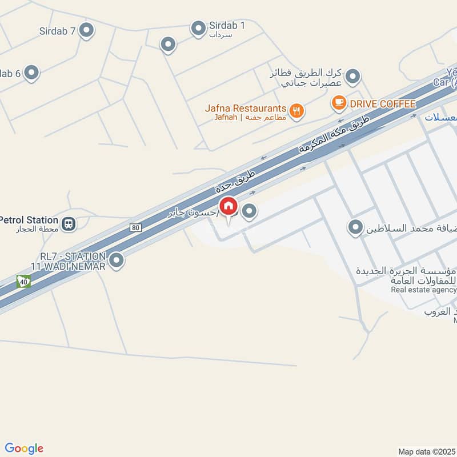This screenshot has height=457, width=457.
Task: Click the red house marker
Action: pos(228,206)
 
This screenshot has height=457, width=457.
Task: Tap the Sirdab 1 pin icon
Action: pos(198,28)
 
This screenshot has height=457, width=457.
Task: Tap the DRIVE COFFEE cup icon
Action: pos(339,103)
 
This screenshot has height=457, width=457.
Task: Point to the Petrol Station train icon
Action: pos(69,223)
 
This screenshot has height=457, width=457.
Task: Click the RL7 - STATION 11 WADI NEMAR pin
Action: pos(117,260)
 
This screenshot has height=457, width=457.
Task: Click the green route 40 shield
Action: pos(23,281)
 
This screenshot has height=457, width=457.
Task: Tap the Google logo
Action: pos(24,448)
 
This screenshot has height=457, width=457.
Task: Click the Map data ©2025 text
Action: pos(427,451)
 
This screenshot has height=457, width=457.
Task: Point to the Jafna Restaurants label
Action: pos(246,109)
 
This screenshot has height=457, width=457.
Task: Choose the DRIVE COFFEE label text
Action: pos(383,103)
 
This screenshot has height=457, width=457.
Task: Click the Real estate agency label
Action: pos(423,290)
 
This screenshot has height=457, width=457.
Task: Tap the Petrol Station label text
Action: pos(29,220)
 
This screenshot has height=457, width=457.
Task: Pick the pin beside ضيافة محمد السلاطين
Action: pos(355,228)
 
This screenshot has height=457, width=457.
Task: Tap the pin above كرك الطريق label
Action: pos(354,76)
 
